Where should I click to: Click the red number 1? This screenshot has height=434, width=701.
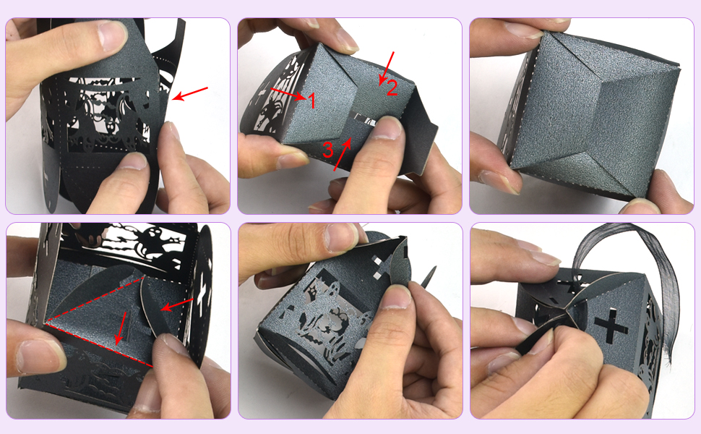click(312, 101)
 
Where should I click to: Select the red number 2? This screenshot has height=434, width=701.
click(391, 89)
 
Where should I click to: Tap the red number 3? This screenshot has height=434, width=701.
click(328, 150)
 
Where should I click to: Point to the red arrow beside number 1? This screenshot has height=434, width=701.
click(288, 95)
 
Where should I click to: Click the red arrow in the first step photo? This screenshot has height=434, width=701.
click(190, 94)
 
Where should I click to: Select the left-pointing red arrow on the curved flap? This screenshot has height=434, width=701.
click(177, 304)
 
